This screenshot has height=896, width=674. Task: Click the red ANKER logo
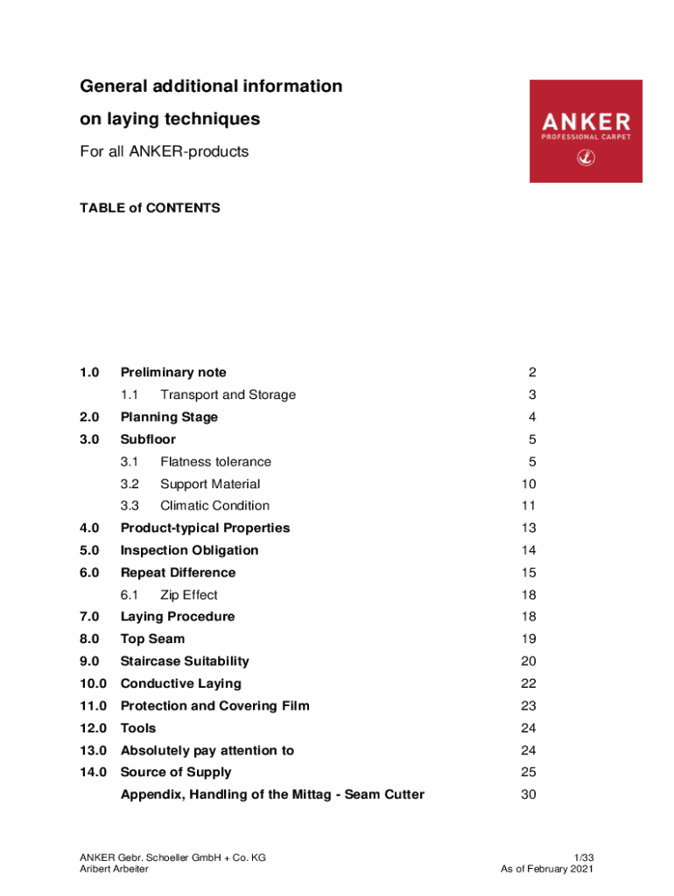click(x=586, y=130)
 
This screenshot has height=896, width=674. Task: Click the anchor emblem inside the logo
click(x=586, y=158)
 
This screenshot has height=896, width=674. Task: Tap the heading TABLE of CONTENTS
click(x=150, y=208)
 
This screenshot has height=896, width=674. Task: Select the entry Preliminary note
click(x=173, y=373)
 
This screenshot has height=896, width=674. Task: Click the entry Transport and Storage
click(x=228, y=395)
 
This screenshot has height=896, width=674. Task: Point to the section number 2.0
click(x=89, y=417)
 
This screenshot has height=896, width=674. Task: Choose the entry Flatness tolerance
click(x=215, y=462)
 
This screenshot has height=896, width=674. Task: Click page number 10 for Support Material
click(x=528, y=484)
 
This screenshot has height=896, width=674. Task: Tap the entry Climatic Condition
click(x=214, y=506)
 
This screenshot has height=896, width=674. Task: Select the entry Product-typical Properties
click(x=205, y=528)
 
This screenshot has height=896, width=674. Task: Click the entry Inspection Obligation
click(x=189, y=550)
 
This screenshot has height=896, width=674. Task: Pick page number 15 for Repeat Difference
click(x=528, y=573)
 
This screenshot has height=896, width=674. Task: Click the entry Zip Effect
click(x=188, y=595)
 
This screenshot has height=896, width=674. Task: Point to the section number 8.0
click(x=89, y=640)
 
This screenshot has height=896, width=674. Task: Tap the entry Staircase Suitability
click(x=185, y=661)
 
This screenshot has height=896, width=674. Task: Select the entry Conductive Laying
click(x=180, y=683)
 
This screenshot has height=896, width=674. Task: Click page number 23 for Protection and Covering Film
click(x=528, y=706)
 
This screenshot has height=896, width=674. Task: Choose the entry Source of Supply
click(x=176, y=773)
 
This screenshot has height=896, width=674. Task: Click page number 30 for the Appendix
click(x=528, y=794)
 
